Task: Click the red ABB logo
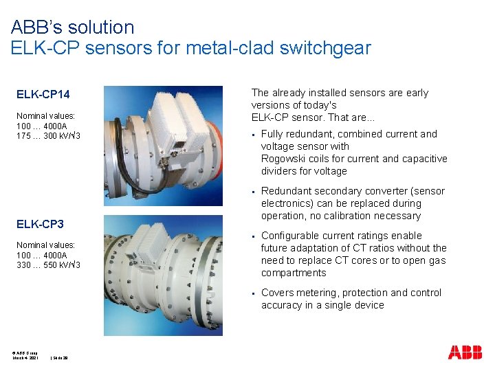point(465,352)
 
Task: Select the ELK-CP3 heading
point(40,224)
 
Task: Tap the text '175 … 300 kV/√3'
point(49,135)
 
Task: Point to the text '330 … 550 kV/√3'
point(49,265)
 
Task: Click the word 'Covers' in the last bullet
point(277,293)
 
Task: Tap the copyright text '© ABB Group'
point(25,352)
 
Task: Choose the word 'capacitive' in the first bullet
point(422,159)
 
